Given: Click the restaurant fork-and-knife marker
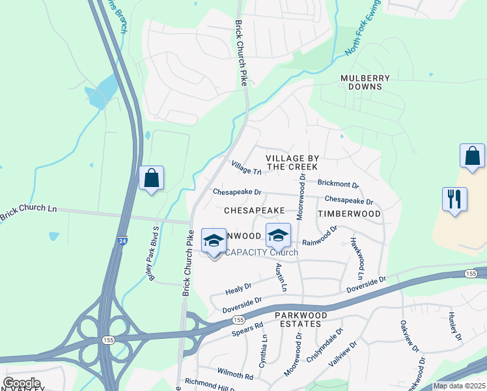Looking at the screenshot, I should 454,199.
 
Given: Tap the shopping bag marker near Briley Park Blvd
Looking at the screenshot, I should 151,178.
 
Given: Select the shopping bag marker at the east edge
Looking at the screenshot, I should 472,156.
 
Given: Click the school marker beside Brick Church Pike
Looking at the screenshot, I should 214,241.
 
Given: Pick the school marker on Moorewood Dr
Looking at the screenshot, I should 277,235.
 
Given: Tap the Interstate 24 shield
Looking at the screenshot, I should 122,240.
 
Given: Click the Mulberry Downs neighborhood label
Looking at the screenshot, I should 365,82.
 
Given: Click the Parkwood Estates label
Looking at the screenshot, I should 298,319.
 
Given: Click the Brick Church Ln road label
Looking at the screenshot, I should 29,209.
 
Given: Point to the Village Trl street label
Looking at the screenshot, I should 246,167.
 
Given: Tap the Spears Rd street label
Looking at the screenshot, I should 247,329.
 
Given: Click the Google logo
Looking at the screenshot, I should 21,383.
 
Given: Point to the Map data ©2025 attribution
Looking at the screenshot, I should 458,386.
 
